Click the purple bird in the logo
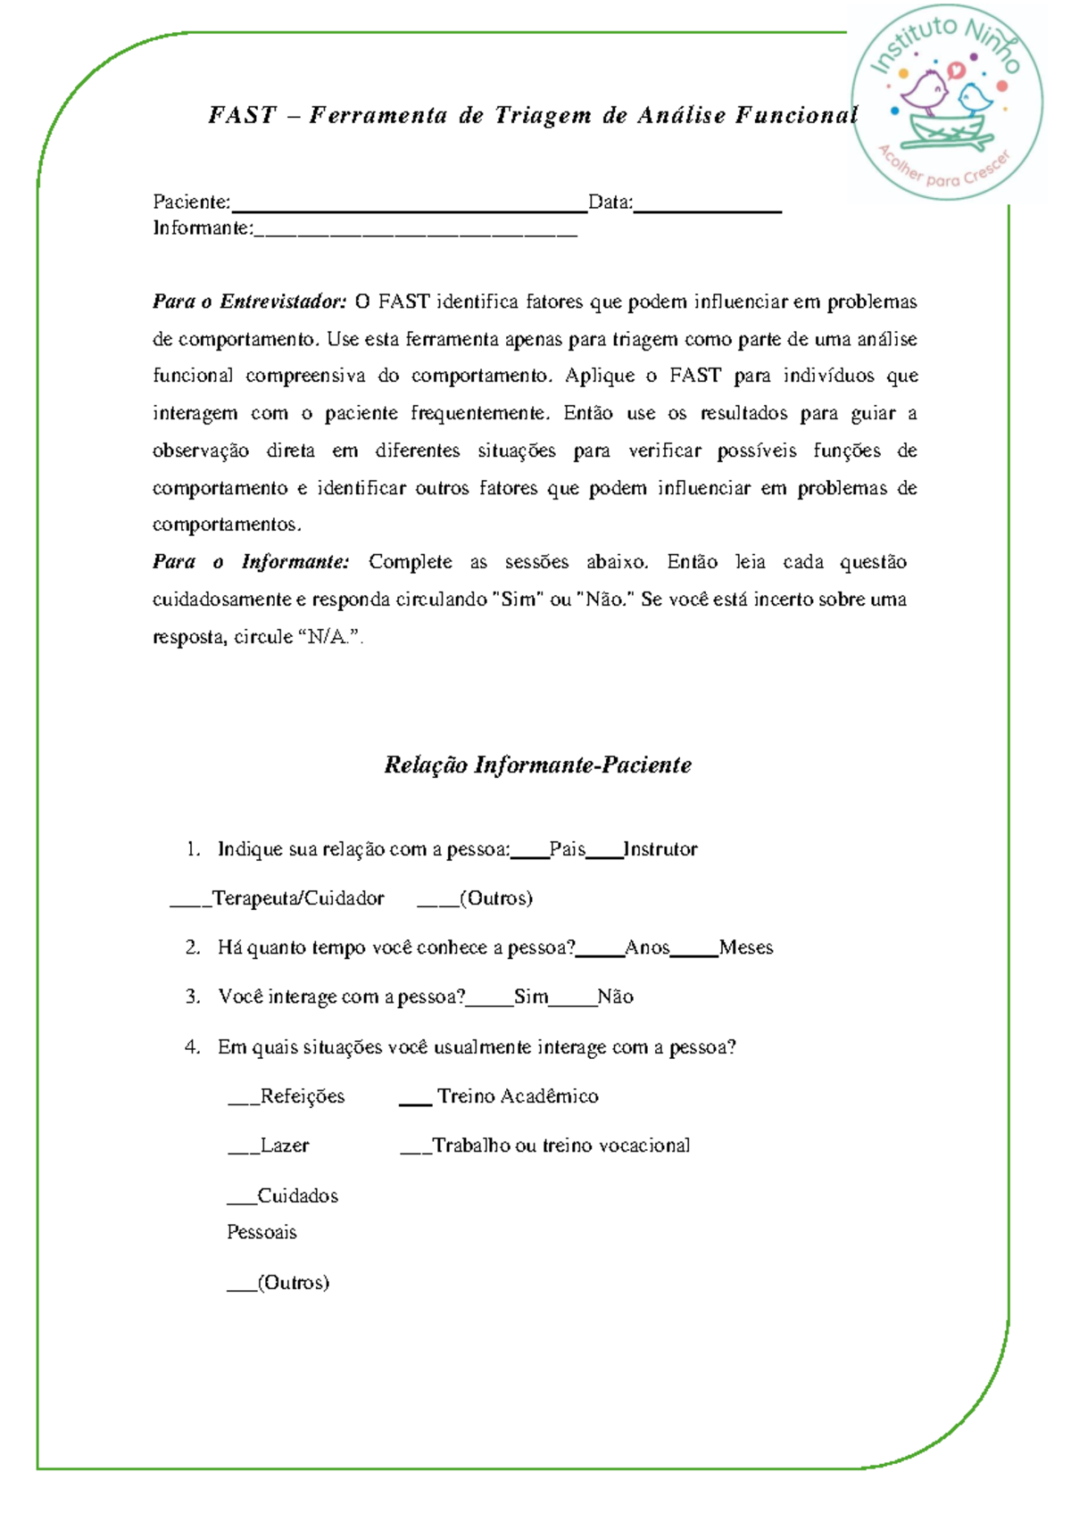[x=925, y=92]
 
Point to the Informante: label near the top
[x=203, y=228]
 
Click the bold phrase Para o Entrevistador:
[x=249, y=302]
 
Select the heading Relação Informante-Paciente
[x=537, y=765]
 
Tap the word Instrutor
[x=660, y=849]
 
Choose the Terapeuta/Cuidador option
[x=298, y=898]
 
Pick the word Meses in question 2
[x=746, y=947]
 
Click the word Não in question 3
[x=616, y=996]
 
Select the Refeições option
[x=302, y=1096]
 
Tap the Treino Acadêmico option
[x=518, y=1096]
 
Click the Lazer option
[x=284, y=1145]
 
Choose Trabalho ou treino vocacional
[x=560, y=1145]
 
